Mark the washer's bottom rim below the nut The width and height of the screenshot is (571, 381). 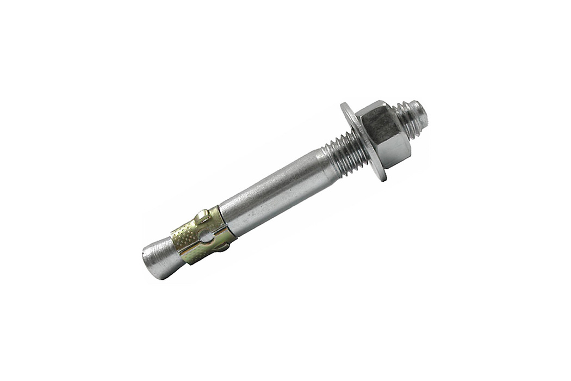coord(381,174)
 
